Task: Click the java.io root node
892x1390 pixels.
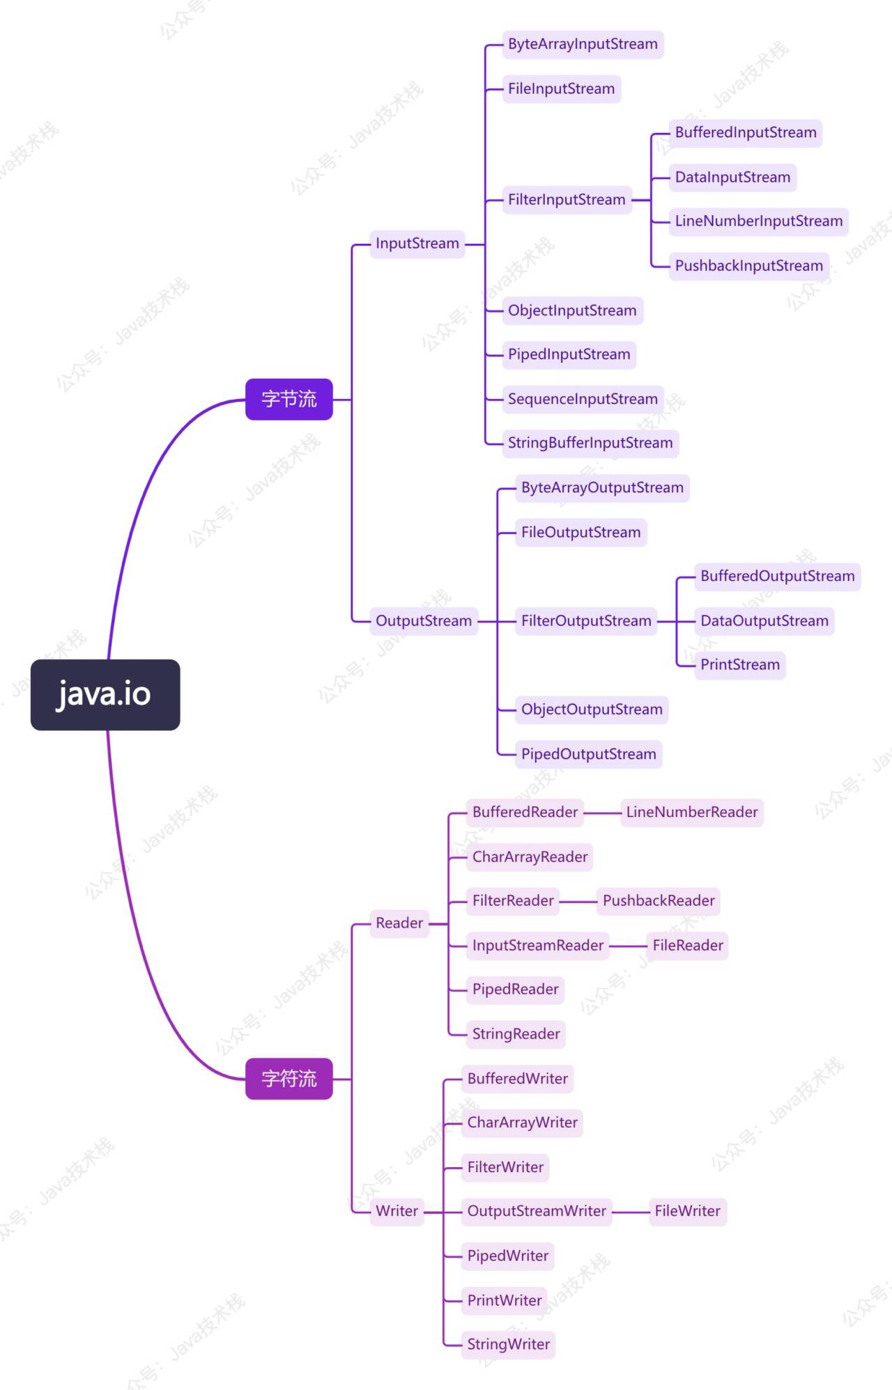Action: (x=105, y=694)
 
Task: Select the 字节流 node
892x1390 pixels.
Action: (x=289, y=399)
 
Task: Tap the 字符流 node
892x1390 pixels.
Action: (x=289, y=1079)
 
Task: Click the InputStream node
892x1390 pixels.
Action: (x=417, y=244)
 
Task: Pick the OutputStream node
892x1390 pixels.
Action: (x=423, y=620)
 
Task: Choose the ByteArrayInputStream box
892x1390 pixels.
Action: (x=583, y=45)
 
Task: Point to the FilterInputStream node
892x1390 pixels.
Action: (x=567, y=200)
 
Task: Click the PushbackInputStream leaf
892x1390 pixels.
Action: (x=748, y=266)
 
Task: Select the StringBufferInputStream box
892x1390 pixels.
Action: (x=590, y=443)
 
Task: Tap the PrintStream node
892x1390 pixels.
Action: (x=739, y=665)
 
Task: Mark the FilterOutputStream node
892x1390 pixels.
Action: (x=586, y=620)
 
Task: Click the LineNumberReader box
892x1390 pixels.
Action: (x=691, y=812)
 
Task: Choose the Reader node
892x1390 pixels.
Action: (x=399, y=923)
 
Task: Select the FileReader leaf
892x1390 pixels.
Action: (x=687, y=946)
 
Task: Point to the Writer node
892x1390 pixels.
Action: (x=397, y=1211)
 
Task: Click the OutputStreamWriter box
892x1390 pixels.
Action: (x=537, y=1211)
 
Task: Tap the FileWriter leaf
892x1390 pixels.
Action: (x=687, y=1211)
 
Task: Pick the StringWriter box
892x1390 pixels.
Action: (x=508, y=1344)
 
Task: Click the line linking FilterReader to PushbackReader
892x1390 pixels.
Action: (x=578, y=902)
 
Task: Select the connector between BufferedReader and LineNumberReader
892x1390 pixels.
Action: (x=602, y=813)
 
